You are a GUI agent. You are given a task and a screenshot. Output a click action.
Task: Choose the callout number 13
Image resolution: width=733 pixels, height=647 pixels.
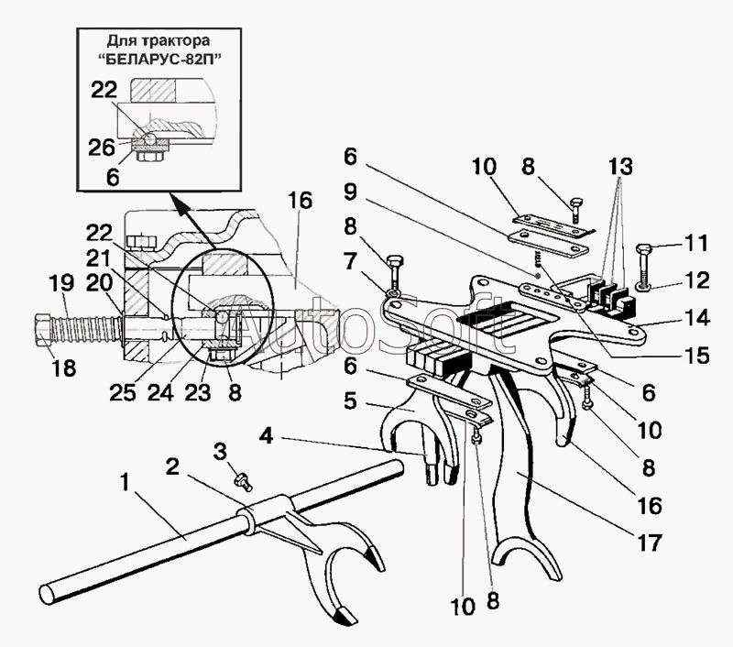(x=619, y=167)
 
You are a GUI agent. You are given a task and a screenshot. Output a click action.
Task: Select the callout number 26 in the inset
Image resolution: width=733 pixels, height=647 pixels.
(x=103, y=146)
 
